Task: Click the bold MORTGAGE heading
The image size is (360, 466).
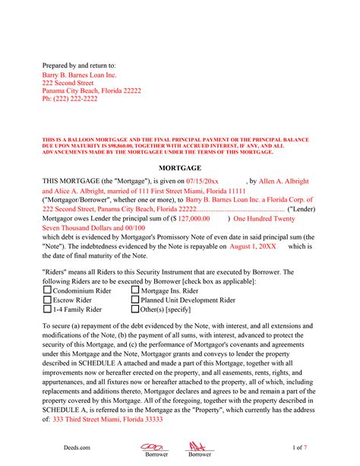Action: coord(179,167)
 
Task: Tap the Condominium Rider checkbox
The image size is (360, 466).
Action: coord(47,290)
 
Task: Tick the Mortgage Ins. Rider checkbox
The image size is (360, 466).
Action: coord(135,290)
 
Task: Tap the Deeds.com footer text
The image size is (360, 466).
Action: coord(55,449)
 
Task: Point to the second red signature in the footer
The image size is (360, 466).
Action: coord(199,446)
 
